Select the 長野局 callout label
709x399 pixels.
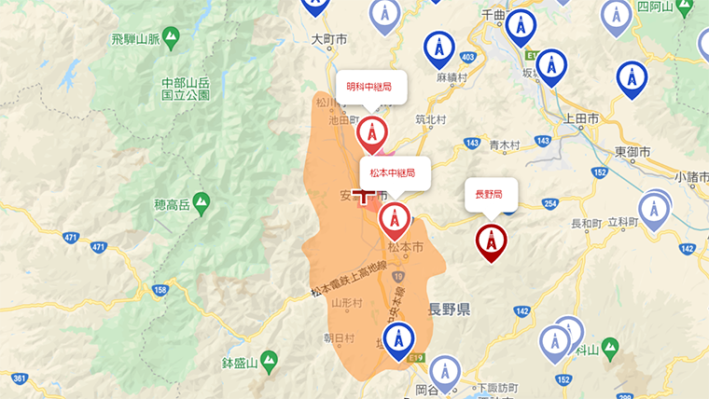490,195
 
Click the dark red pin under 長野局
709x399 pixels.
491,241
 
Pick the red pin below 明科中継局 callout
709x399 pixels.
373,136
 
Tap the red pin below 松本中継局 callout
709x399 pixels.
394,220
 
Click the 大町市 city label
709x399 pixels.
327,40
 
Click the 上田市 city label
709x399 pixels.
581,118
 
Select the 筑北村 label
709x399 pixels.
432,119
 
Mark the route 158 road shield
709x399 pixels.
160,291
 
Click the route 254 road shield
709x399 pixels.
549,204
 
